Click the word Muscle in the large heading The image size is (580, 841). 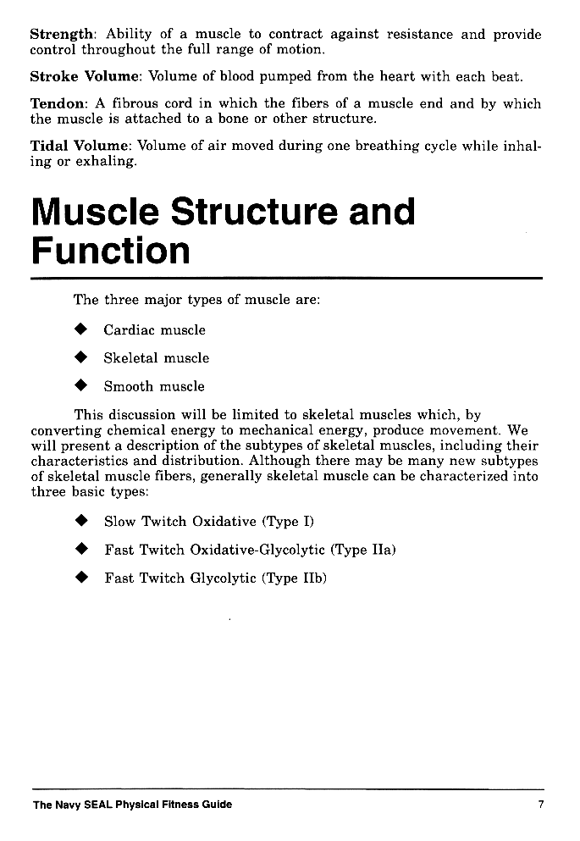pyautogui.click(x=93, y=212)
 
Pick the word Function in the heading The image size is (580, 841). pyautogui.click(x=110, y=251)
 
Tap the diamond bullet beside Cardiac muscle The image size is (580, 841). pyautogui.click(x=81, y=329)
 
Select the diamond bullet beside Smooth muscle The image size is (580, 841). pyautogui.click(x=81, y=386)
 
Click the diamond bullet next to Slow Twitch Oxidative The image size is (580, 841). pyautogui.click(x=81, y=521)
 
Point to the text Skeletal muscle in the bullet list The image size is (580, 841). pyautogui.click(x=156, y=358)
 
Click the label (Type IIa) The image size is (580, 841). pyautogui.click(x=364, y=550)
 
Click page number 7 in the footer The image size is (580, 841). pyautogui.click(x=540, y=805)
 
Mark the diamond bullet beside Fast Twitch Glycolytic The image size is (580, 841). pyautogui.click(x=81, y=578)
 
